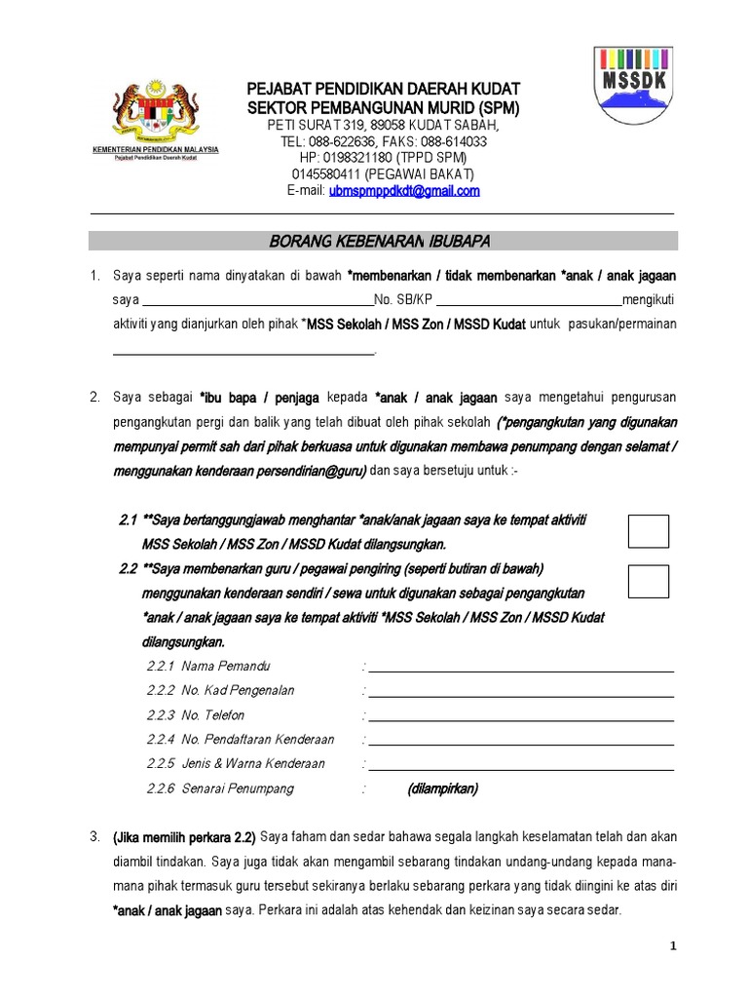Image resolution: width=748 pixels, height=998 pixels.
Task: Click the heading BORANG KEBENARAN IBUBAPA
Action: point(383,241)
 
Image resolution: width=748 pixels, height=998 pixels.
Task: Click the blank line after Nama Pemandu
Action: point(521,670)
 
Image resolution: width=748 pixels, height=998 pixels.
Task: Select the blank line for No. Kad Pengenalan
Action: point(521,694)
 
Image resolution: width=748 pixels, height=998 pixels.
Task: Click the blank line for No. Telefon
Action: point(521,718)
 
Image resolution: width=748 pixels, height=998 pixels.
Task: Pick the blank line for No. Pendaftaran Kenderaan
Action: point(521,743)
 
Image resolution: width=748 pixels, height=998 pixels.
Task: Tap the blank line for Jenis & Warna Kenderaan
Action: point(521,767)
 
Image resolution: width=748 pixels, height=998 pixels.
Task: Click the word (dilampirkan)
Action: point(443,788)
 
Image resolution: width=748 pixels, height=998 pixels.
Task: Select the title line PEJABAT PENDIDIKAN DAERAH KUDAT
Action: point(385,89)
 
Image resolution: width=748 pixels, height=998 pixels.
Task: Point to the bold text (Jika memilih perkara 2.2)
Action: point(185,837)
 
